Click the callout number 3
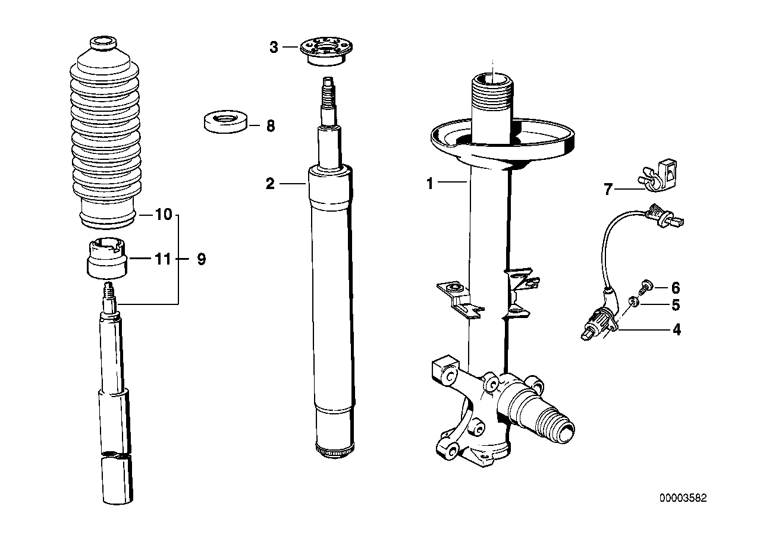pyautogui.click(x=274, y=48)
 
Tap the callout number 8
pyautogui.click(x=270, y=126)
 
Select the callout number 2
pyautogui.click(x=270, y=184)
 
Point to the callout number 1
pyautogui.click(x=430, y=184)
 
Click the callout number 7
pyautogui.click(x=608, y=190)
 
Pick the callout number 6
pyautogui.click(x=675, y=288)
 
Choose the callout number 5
pyautogui.click(x=675, y=306)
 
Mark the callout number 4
pyautogui.click(x=676, y=329)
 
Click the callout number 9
pyautogui.click(x=201, y=259)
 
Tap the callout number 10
pyautogui.click(x=163, y=215)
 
